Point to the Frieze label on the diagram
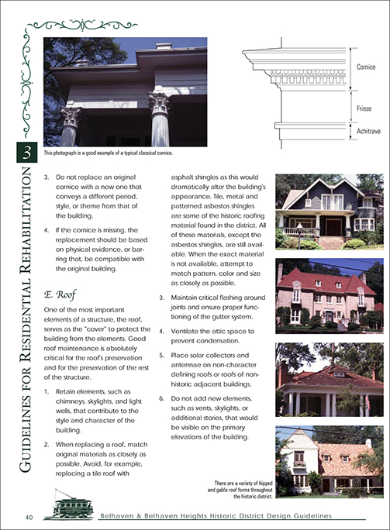click(364, 108)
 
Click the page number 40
click(28, 517)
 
